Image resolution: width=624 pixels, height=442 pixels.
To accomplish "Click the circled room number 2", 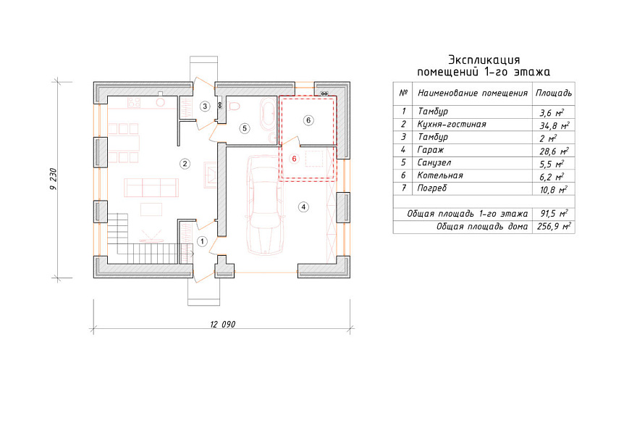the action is tap(185, 164).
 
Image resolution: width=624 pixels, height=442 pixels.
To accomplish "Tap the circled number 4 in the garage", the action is tap(303, 207).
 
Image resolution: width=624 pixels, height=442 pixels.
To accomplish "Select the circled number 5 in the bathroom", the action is tap(245, 128).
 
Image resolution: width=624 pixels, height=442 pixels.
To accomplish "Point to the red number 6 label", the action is tap(294, 159).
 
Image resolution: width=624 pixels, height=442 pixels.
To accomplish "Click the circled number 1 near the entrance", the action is tap(202, 241).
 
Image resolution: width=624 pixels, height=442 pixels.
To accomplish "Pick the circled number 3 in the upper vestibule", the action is tap(205, 107).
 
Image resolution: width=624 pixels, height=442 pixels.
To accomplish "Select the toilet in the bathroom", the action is tap(234, 107).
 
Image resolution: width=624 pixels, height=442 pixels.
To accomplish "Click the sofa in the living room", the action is tap(151, 188).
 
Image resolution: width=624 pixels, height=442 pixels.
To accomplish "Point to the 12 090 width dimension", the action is tap(222, 325).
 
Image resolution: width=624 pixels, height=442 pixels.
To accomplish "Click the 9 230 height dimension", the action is tap(54, 179).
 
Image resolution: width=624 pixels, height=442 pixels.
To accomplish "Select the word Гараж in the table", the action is tap(430, 150).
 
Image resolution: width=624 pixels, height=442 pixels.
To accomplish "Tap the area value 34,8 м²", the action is tap(555, 126).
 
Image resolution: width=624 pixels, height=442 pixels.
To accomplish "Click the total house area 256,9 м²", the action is tap(554, 227).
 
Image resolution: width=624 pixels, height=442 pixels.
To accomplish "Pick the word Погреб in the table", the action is tap(431, 188).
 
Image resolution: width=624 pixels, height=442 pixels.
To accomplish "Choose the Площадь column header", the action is tap(554, 93).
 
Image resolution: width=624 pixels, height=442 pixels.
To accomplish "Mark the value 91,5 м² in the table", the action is tap(554, 214).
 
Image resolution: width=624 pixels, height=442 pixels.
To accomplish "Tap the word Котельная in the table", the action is tap(440, 175).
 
